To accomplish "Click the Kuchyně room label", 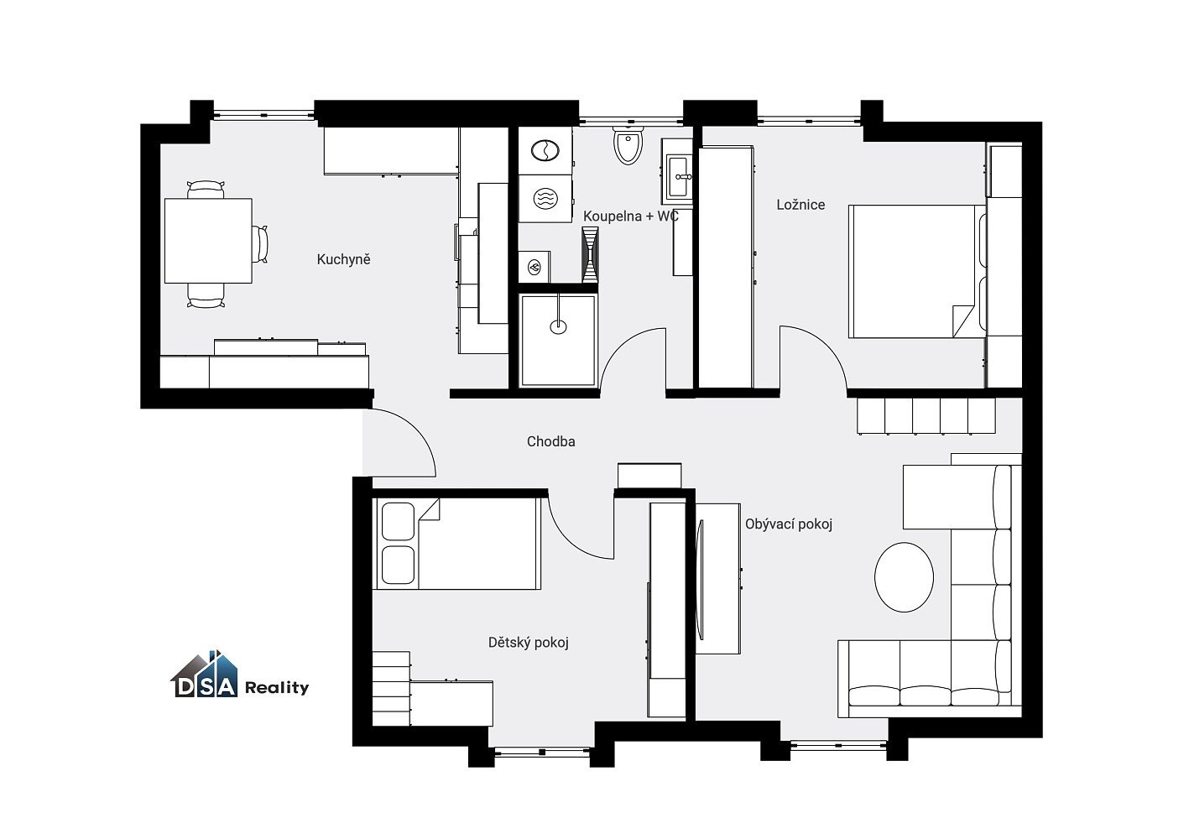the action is (x=343, y=259).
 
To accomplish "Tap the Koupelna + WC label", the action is (x=631, y=216).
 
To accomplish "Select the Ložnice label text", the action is (x=800, y=205).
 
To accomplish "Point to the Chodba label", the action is (x=551, y=441).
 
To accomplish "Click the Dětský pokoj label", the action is (x=528, y=643).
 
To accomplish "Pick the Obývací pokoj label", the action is (x=789, y=524).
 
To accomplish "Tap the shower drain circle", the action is (x=558, y=327).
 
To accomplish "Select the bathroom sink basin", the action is (x=679, y=176).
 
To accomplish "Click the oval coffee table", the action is (x=904, y=577).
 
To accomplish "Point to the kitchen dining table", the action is (x=208, y=241).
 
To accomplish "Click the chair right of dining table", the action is (x=260, y=243).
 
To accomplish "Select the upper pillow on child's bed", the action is (x=398, y=522).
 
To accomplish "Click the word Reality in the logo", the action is (x=277, y=688).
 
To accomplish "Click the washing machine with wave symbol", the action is (x=545, y=199).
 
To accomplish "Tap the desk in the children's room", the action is (x=451, y=703).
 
